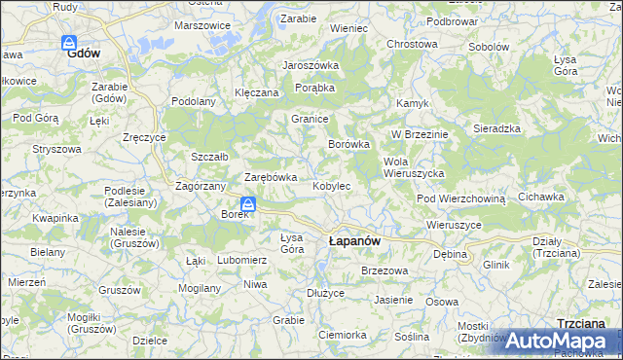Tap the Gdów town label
85,55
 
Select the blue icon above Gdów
69,43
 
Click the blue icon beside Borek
248,204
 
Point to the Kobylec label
331,185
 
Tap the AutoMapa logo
554,342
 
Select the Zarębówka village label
270,177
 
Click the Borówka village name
348,144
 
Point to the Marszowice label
202,25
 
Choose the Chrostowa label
412,44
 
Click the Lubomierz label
242,260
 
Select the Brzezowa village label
383,270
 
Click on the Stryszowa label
56,149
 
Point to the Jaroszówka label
310,65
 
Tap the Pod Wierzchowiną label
461,198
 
